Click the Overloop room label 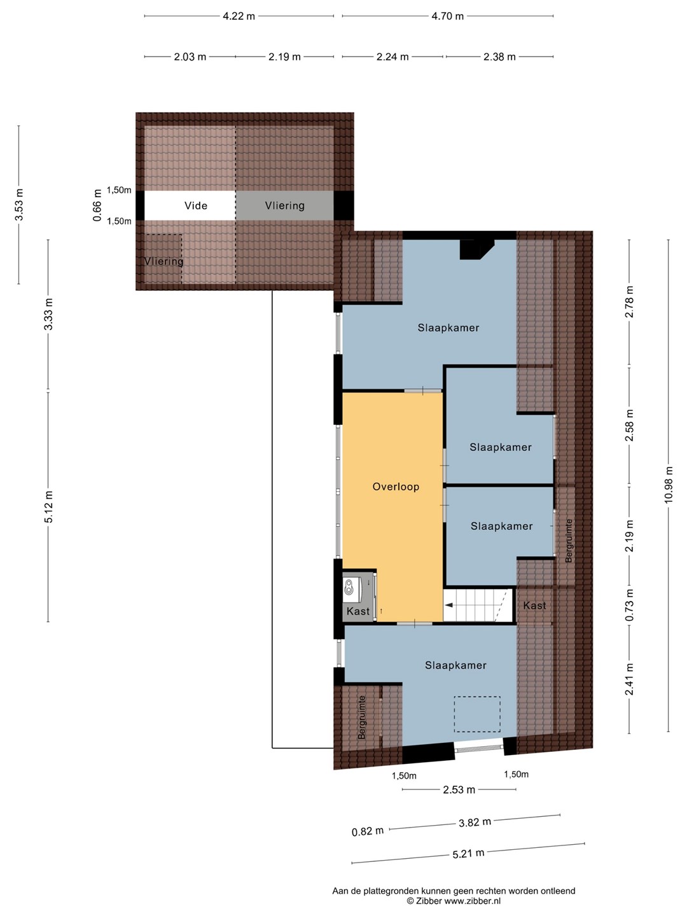[396, 487]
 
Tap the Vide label [196, 205]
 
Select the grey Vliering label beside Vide [285, 205]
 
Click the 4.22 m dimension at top [239, 17]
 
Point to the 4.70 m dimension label [447, 17]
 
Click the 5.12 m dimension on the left [49, 506]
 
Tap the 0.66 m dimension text [97, 205]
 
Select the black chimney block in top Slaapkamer [477, 249]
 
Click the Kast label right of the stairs [534, 605]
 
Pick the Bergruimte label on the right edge [569, 541]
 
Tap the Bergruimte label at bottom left [362, 718]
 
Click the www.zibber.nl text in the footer [472, 901]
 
